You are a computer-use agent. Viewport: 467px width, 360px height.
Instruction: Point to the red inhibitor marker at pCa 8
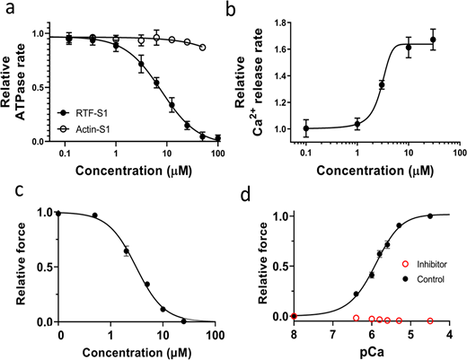pyautogui.click(x=295, y=316)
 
